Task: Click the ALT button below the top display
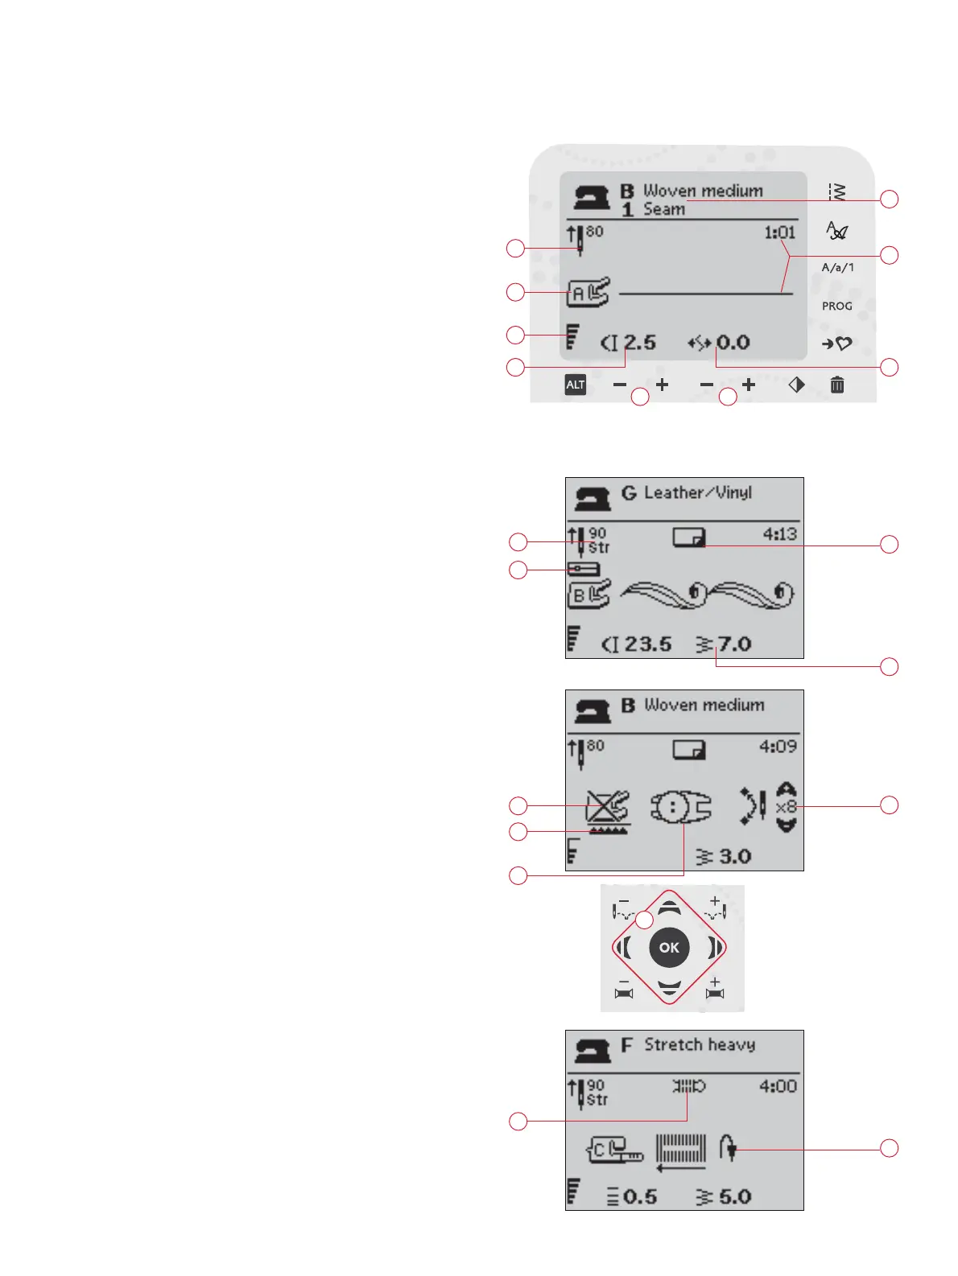point(575,385)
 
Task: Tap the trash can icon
point(837,385)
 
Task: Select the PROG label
point(836,306)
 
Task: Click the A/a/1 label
point(837,267)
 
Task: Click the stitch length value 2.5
point(639,343)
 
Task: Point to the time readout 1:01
point(779,233)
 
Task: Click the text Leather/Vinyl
point(698,492)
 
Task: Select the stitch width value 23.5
point(647,644)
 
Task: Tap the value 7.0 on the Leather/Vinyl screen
point(734,644)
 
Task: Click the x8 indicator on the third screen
point(786,807)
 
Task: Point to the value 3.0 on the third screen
point(734,856)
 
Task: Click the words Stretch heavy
point(700,1045)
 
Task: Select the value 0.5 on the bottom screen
point(640,1196)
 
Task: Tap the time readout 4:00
point(778,1086)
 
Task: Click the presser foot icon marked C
point(614,1150)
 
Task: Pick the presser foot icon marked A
point(588,293)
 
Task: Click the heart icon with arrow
point(836,344)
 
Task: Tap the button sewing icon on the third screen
point(680,807)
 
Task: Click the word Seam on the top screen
point(664,209)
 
